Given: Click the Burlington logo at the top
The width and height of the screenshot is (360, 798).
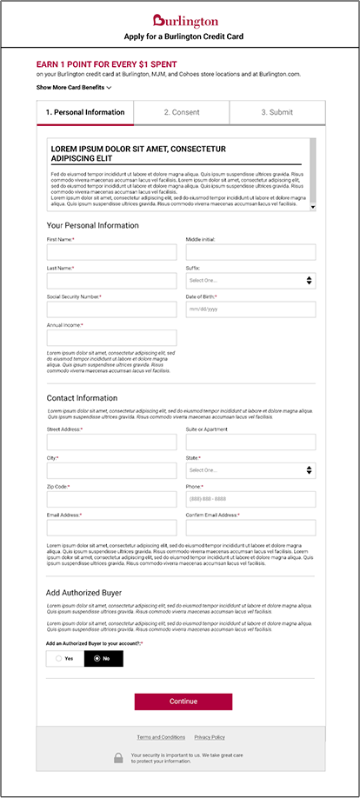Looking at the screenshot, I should coord(180,20).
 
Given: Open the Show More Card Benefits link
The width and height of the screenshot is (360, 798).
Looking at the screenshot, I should coord(74,88).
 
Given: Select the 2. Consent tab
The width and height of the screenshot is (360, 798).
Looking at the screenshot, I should coord(181,112).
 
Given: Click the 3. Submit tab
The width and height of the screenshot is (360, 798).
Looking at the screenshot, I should coord(277,112).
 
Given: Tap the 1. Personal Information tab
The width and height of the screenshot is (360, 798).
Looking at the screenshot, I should coord(85,112).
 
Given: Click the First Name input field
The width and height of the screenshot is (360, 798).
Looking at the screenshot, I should coord(111,252).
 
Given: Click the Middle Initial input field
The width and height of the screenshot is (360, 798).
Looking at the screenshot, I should coord(250,252).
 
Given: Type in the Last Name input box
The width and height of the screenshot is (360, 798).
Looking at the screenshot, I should coord(111,281).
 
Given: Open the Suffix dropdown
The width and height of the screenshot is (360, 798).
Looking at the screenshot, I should coord(250,281).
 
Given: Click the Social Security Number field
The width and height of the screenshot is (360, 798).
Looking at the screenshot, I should coord(111,309).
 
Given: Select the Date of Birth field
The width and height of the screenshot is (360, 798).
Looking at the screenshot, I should coord(250,309).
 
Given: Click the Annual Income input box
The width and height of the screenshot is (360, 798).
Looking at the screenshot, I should coord(111,338).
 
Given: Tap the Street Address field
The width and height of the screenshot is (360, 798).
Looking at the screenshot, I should coord(111,442).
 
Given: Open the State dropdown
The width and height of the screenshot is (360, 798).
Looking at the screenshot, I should coord(250,470).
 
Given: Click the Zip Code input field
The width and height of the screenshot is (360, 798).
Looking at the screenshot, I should coord(111,499).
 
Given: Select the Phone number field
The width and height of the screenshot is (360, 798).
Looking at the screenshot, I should coord(250,499).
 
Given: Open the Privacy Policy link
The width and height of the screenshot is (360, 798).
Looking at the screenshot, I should coord(210,737).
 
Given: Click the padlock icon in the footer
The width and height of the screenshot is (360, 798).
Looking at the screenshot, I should coord(118,758).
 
